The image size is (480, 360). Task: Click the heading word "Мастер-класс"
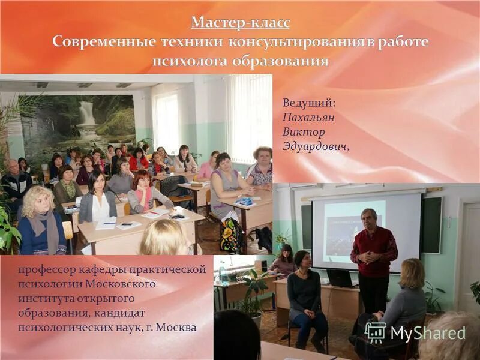(x=240, y=23)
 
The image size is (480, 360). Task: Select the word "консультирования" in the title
(x=294, y=42)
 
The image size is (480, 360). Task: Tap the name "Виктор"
(x=304, y=131)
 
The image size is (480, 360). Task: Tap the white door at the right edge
(x=470, y=252)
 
